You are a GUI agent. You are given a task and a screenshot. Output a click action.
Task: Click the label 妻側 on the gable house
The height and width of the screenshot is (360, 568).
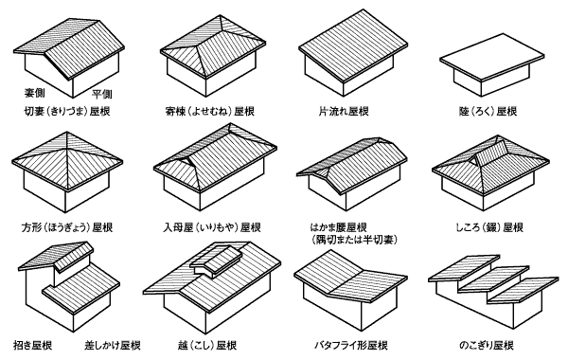34,93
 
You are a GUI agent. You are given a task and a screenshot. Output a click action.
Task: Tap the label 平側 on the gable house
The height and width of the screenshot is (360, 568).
101,94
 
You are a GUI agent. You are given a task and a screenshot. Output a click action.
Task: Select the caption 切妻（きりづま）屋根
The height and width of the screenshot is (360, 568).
67,111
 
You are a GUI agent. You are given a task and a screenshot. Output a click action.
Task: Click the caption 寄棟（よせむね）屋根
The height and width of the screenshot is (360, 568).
210,111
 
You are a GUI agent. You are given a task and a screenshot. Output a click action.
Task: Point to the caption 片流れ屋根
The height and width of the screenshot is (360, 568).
344,111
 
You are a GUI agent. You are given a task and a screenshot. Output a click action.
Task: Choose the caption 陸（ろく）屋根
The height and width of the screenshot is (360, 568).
488,111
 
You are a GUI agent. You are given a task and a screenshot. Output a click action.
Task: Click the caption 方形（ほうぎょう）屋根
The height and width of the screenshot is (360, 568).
67,227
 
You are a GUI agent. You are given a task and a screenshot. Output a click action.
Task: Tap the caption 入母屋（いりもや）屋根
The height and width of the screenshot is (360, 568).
211,227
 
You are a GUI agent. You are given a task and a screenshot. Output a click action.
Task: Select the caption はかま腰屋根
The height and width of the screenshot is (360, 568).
338,227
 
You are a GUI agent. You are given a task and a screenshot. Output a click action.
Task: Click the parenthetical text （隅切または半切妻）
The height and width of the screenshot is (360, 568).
354,240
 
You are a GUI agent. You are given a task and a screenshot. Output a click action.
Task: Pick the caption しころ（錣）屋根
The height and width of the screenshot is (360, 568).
489,227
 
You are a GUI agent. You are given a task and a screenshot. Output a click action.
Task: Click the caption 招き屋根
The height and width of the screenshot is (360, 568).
32,345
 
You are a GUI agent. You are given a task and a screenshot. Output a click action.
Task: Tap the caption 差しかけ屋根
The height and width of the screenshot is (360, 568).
113,345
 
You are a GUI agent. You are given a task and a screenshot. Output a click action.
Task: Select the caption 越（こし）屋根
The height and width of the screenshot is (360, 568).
207,345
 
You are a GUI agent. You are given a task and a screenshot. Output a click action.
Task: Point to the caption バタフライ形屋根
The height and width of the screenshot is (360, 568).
351,345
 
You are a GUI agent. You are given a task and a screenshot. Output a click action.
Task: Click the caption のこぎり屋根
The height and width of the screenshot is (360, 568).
487,345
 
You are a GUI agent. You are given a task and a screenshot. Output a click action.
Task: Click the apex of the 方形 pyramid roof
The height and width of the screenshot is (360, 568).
67,132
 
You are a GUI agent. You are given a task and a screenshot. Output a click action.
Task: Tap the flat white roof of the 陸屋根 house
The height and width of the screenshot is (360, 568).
491,57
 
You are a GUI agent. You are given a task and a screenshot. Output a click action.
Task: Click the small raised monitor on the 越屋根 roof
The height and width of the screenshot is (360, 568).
217,261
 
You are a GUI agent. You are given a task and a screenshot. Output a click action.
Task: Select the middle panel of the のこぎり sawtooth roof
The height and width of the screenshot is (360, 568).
493,279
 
